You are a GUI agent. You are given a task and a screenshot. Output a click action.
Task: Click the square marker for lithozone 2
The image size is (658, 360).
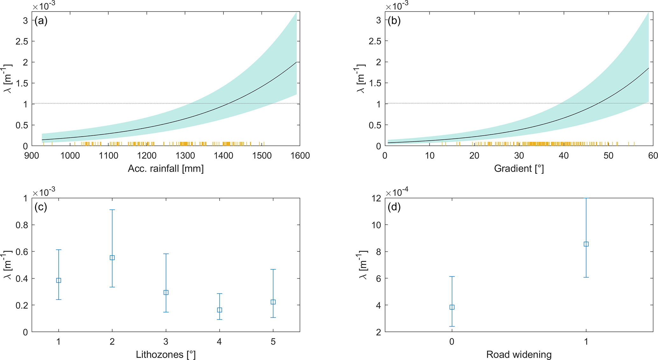(112, 258)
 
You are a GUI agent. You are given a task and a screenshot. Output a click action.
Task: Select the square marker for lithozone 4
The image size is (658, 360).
(219, 310)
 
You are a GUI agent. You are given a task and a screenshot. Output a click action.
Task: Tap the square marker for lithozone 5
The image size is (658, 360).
(273, 302)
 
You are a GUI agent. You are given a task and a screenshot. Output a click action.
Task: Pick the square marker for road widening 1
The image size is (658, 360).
(586, 244)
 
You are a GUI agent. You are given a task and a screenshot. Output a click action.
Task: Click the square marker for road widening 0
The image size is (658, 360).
(452, 307)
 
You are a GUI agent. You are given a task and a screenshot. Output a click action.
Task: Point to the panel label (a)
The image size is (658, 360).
(41, 21)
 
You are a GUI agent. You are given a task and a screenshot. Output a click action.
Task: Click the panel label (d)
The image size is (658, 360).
(394, 207)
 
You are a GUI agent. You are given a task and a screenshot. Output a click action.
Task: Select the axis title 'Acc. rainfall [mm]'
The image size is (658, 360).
(166, 168)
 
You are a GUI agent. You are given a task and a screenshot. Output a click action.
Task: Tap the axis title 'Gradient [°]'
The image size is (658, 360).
(519, 168)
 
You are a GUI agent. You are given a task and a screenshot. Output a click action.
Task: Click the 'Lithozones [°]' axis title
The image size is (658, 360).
(166, 354)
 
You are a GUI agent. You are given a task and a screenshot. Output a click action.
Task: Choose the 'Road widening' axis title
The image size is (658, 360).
(519, 354)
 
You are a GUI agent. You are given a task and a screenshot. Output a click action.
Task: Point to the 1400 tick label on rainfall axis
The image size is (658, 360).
(223, 156)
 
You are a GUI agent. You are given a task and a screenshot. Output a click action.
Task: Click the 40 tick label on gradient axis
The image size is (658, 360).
(563, 156)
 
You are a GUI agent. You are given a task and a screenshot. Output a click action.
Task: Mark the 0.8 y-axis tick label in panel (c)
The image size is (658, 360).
(22, 225)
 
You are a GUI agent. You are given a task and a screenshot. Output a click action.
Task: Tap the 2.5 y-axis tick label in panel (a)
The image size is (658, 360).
(22, 41)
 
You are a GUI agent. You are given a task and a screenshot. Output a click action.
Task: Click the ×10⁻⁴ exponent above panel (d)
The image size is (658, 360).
(397, 192)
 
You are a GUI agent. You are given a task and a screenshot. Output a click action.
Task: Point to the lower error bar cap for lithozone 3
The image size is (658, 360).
(166, 312)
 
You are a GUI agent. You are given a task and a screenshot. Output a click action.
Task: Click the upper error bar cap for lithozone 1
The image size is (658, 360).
(59, 250)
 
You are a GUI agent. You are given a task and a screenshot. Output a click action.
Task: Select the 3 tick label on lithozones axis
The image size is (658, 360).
(166, 342)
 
